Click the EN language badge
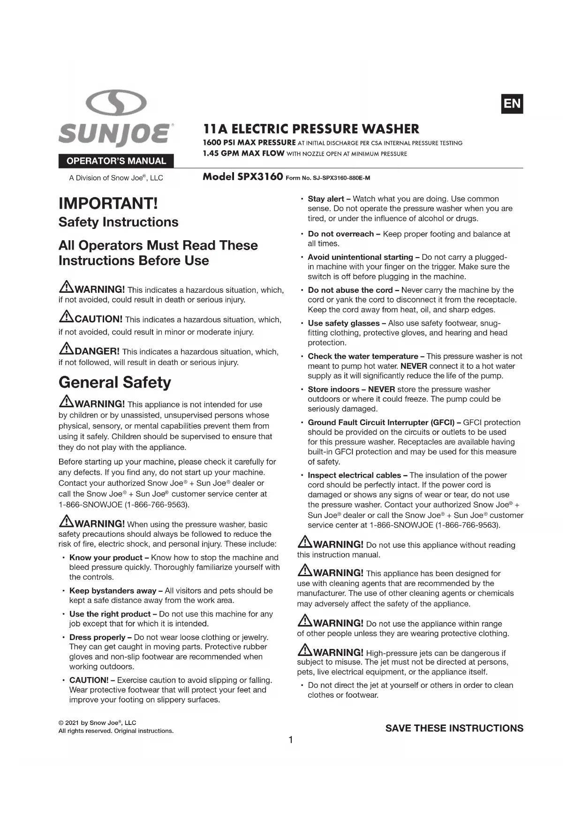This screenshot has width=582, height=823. (x=512, y=104)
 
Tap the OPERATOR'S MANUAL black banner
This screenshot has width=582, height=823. (x=116, y=161)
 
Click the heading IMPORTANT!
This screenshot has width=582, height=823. (x=108, y=204)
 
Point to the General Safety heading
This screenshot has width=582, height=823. (x=115, y=382)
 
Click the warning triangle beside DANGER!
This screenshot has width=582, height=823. (x=66, y=350)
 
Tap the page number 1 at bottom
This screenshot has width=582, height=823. (x=291, y=740)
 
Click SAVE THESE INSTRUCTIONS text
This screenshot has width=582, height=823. (x=454, y=728)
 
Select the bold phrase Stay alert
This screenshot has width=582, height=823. (x=326, y=199)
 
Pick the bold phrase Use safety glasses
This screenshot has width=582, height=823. (x=343, y=323)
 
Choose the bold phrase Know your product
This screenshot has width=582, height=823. (x=106, y=557)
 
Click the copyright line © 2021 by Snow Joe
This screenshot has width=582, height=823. (x=97, y=723)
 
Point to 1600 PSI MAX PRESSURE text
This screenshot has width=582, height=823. (x=249, y=143)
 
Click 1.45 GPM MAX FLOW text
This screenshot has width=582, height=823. (x=243, y=153)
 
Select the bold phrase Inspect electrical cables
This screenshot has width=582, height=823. (x=354, y=475)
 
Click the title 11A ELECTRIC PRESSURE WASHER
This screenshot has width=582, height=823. (x=311, y=129)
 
